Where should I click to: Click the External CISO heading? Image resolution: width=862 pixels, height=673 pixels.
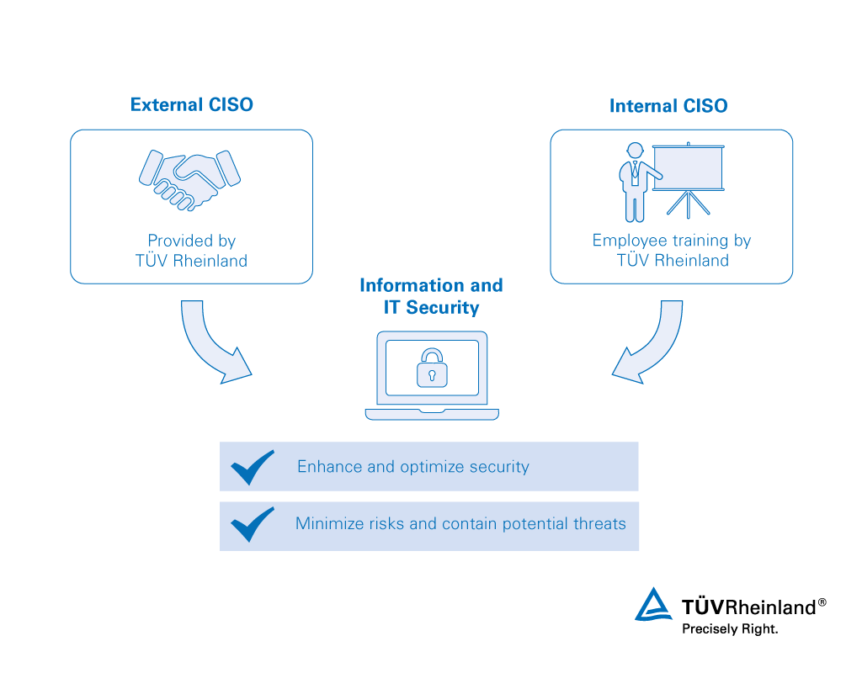pyautogui.click(x=191, y=105)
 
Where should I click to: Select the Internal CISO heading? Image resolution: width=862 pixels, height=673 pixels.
pyautogui.click(x=668, y=106)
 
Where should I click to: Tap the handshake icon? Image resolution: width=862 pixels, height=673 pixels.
pyautogui.click(x=189, y=178)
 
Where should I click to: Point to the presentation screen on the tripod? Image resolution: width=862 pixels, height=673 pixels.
pyautogui.click(x=689, y=168)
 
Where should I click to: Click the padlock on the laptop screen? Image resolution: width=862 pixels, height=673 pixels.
pyautogui.click(x=432, y=368)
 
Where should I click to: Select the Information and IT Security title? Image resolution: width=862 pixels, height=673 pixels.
pyautogui.click(x=431, y=296)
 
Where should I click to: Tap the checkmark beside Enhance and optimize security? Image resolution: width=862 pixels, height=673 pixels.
pyautogui.click(x=252, y=467)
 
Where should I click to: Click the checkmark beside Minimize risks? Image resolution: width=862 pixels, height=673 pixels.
pyautogui.click(x=252, y=525)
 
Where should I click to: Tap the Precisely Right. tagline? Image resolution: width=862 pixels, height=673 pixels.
pyautogui.click(x=730, y=628)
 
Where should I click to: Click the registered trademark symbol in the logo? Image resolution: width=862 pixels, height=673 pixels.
pyautogui.click(x=822, y=602)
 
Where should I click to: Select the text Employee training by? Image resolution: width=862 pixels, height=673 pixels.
pyautogui.click(x=671, y=241)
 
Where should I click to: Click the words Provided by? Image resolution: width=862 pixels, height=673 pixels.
pyautogui.click(x=191, y=241)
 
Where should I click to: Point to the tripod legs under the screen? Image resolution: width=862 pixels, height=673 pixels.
pyautogui.click(x=689, y=204)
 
